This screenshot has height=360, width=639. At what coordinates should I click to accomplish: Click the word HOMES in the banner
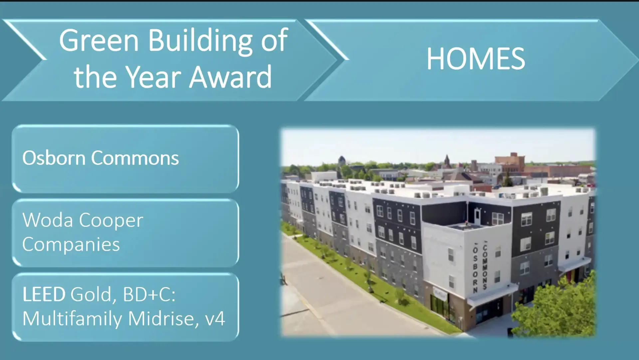(476, 59)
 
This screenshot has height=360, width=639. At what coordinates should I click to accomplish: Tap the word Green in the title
(99, 40)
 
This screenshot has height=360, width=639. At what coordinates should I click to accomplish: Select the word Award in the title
(231, 77)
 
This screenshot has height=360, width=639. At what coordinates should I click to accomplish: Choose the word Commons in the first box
(135, 158)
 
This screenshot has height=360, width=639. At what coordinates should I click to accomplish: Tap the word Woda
(48, 220)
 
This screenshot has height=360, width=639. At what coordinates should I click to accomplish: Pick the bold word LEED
(44, 294)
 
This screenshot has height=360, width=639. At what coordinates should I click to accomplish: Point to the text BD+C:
(149, 295)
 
